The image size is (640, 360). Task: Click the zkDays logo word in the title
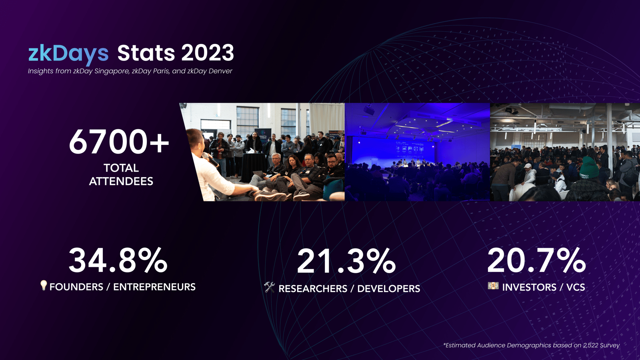pos(68,54)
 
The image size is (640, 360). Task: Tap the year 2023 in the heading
pos(208,53)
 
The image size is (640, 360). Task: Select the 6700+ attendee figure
pos(119,142)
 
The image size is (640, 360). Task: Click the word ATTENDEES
pos(121,181)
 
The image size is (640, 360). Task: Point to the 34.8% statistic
pos(118,260)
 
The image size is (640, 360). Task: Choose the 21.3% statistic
pos(346,261)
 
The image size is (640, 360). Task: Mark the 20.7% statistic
pos(536,260)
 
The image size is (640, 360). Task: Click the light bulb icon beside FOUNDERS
pos(44,286)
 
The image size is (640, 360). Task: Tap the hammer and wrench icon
pos(270,287)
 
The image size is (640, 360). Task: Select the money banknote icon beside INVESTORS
pos(493,286)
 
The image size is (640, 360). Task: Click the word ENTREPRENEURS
pos(154,287)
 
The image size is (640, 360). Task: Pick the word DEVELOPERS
pos(388,288)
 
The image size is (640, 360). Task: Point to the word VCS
pos(576,287)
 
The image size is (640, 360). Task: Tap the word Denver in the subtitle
pos(220,71)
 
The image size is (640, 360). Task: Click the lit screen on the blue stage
pos(409,150)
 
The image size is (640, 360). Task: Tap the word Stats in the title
pos(146,53)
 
